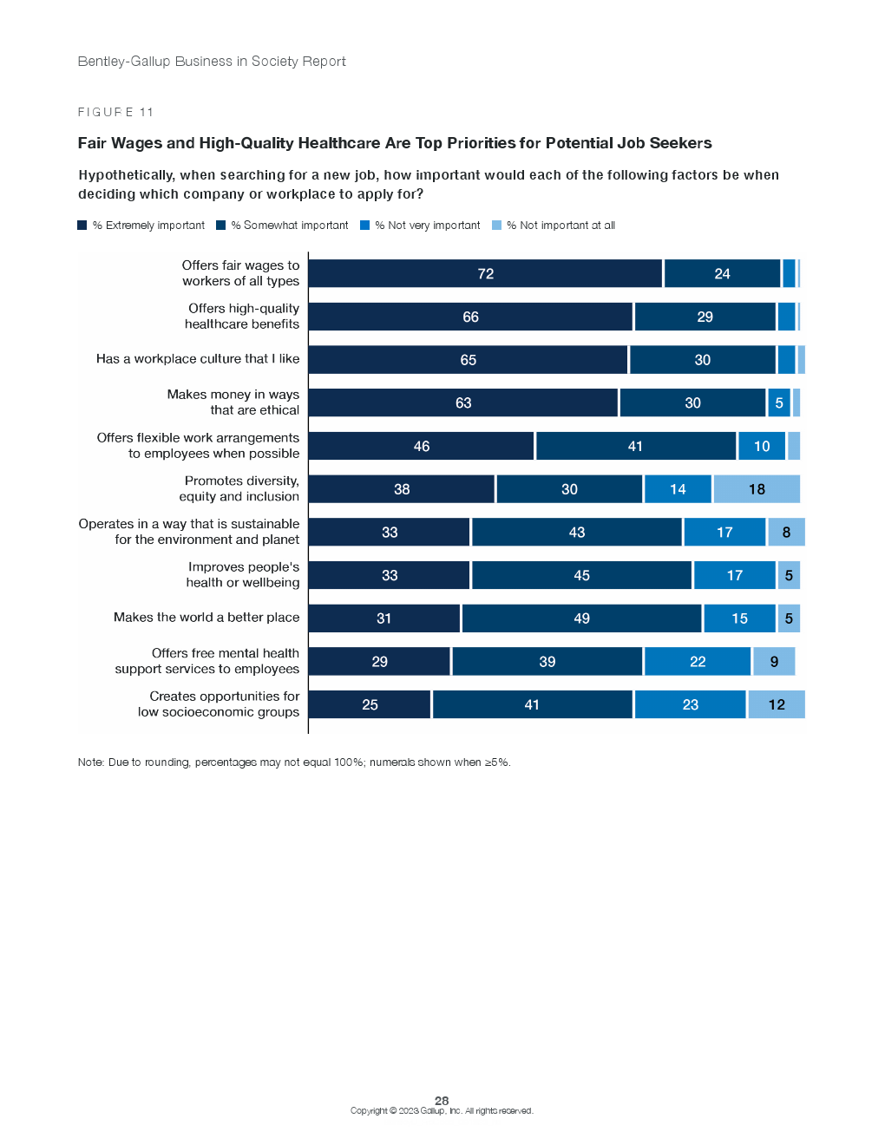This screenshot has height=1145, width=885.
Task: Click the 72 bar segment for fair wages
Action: [x=485, y=274]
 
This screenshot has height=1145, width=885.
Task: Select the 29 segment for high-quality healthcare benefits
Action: [x=705, y=317]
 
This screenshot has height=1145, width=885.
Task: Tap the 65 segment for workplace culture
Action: [x=468, y=360]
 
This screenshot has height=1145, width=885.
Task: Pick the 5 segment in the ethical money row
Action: [x=779, y=403]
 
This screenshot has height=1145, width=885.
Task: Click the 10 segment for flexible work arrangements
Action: [x=762, y=447]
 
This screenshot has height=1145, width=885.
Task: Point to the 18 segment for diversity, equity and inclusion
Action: [x=757, y=489]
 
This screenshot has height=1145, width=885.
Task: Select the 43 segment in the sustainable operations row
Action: [x=577, y=533]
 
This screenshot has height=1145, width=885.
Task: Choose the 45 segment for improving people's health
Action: [x=581, y=575]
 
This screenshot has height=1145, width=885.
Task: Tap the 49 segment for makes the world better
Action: [x=581, y=618]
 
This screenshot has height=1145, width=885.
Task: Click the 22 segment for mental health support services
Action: [x=698, y=662]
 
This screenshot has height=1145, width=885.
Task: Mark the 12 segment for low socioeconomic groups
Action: [x=777, y=704]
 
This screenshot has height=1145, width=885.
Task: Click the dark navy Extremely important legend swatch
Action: [x=82, y=226]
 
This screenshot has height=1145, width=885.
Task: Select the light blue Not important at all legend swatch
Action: [x=496, y=226]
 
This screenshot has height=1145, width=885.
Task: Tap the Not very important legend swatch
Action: [x=365, y=226]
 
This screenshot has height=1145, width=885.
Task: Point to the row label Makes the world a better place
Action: [x=206, y=618]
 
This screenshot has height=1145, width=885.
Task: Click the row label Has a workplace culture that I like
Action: [x=198, y=359]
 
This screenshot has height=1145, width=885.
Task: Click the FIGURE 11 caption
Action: [x=115, y=112]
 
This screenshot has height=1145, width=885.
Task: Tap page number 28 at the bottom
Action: [x=442, y=1100]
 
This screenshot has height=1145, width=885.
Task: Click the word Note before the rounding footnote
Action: [x=90, y=762]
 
